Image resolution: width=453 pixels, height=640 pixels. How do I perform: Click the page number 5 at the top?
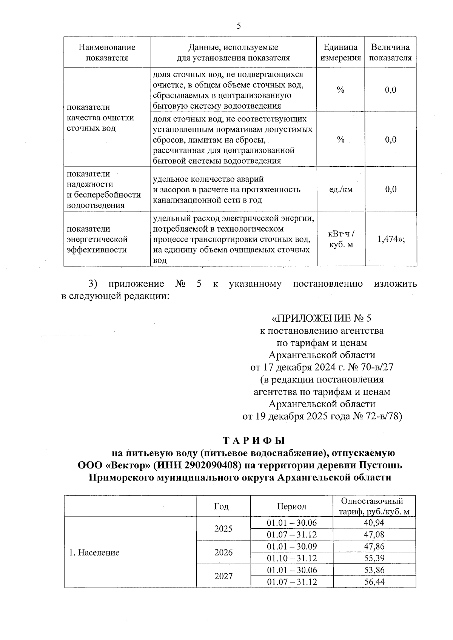239,26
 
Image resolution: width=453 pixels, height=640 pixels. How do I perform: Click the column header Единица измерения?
341,52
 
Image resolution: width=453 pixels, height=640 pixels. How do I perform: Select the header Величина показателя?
390,52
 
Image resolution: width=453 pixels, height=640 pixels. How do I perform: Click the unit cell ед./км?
341,189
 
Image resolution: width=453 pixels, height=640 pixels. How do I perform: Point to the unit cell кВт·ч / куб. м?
341,239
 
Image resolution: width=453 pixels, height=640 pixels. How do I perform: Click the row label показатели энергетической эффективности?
97,239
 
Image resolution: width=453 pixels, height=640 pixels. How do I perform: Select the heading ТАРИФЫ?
253,440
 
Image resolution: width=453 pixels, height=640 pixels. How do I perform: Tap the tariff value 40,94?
374,522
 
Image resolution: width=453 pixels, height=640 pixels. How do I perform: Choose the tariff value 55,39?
374,558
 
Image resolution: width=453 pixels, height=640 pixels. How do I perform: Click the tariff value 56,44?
374,582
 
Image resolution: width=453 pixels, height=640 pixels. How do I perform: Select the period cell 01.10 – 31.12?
291,558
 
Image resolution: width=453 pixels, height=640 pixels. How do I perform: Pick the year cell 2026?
223,553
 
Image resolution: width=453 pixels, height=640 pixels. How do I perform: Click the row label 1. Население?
94,553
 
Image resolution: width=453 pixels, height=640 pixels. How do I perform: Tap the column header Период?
291,506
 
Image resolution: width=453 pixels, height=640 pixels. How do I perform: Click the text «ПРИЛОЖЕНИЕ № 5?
322,318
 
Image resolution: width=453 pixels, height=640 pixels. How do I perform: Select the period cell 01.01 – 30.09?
291,546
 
